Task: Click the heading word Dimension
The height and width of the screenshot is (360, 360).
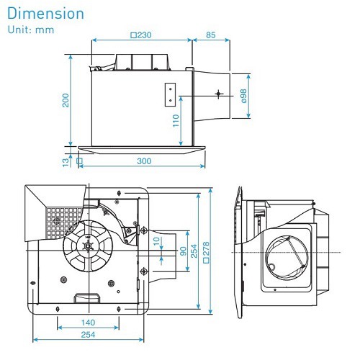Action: pos(45,14)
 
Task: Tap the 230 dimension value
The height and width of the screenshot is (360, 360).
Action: pos(143,34)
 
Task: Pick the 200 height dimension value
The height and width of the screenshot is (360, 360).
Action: pos(66,100)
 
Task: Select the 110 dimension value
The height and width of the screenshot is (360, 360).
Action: pos(176,122)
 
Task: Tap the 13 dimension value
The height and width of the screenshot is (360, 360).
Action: pos(66,162)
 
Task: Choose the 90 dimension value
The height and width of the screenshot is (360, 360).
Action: pos(183,251)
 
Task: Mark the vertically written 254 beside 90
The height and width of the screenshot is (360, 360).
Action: pos(194,252)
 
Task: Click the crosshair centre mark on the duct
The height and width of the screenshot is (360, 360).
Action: pos(219,94)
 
